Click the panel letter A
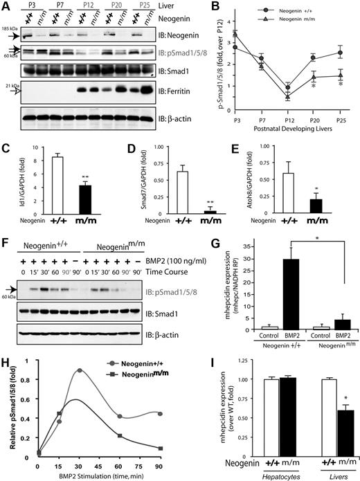(6, 6)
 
